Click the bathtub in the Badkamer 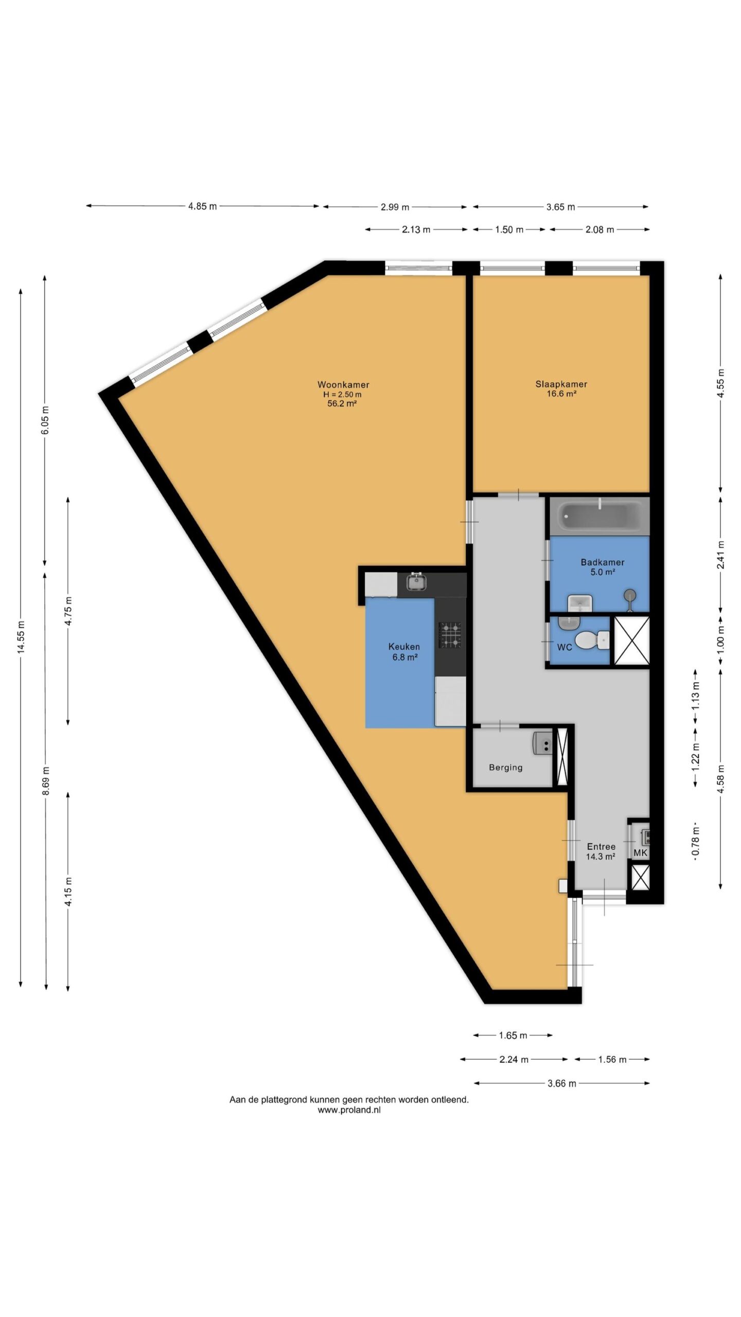click(x=600, y=516)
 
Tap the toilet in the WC click(x=592, y=640)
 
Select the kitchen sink click(x=415, y=582)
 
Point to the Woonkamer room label click(x=343, y=384)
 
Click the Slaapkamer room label click(x=561, y=384)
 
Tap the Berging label click(x=505, y=767)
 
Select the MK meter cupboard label click(x=640, y=852)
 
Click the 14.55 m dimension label click(x=21, y=637)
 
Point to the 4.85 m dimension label click(x=202, y=206)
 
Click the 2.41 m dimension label click(x=720, y=556)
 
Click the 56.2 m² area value click(x=342, y=404)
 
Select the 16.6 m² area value click(x=561, y=394)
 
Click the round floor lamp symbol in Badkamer click(x=629, y=596)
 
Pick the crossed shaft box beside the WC click(x=632, y=640)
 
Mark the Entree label click(x=601, y=846)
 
